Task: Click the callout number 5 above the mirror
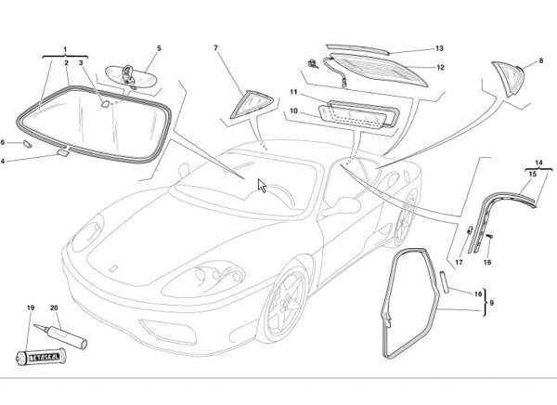159,47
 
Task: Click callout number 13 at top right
440,48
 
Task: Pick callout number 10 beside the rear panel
292,111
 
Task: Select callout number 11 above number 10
292,94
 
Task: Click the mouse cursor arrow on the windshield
263,186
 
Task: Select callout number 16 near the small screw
486,263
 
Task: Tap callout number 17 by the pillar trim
459,263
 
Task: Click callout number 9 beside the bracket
492,304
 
